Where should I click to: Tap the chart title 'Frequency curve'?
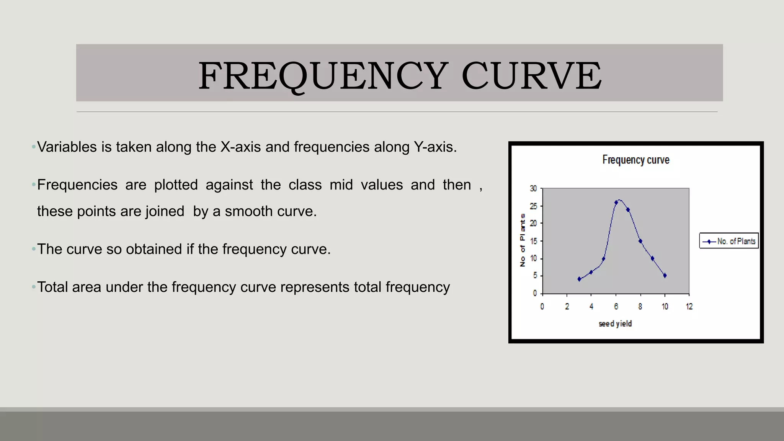(635, 160)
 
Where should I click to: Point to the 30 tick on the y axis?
(533, 188)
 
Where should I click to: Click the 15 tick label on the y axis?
(533, 241)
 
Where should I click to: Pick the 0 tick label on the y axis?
(535, 293)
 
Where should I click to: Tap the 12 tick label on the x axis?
(689, 306)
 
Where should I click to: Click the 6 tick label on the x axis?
(616, 306)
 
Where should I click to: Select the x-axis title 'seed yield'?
(615, 323)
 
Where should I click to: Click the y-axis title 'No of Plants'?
(523, 240)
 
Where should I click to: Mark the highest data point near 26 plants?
(616, 203)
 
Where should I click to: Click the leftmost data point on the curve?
(579, 279)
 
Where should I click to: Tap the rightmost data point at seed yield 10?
(665, 276)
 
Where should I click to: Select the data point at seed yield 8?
(640, 241)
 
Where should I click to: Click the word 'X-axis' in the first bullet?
(240, 147)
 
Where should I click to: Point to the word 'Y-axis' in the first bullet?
(435, 147)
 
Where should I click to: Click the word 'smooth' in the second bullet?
(249, 211)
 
